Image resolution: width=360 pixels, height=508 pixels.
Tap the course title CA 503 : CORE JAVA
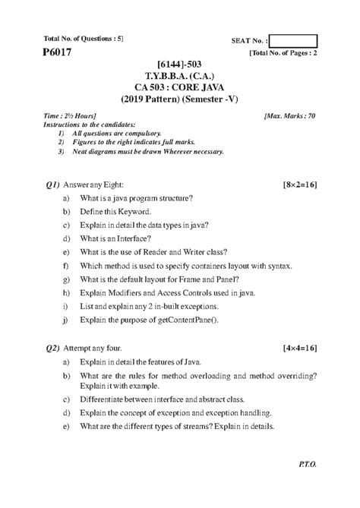click(180, 87)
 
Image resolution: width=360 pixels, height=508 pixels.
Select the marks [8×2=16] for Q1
click(298, 185)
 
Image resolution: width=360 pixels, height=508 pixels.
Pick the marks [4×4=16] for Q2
click(298, 347)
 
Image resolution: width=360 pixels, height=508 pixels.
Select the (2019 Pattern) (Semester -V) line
click(180, 98)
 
